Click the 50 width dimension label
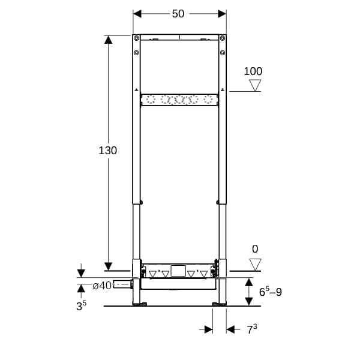(x=178, y=14)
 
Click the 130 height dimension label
(x=107, y=151)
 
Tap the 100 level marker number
(x=253, y=71)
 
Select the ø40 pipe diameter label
(x=102, y=286)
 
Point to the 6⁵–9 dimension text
(x=271, y=292)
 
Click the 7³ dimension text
(x=252, y=329)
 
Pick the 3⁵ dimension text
(x=81, y=305)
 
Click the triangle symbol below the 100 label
(x=255, y=85)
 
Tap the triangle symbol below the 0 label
(x=255, y=265)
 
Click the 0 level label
(x=255, y=249)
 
